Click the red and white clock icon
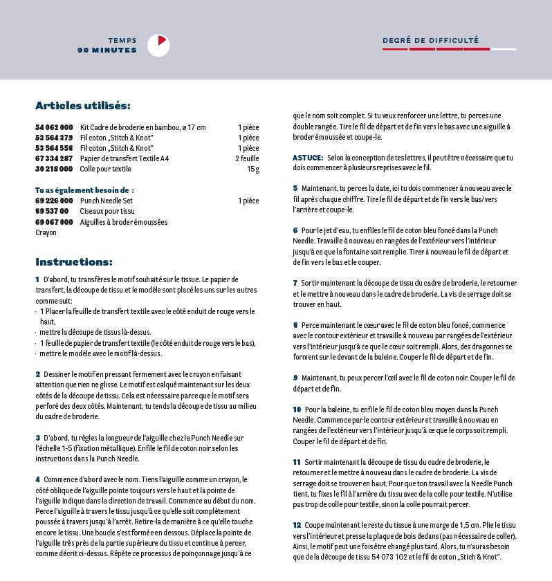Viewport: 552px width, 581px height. [x=158, y=45]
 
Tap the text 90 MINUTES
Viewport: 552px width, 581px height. [x=107, y=50]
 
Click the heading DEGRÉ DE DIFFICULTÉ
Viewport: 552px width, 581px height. [x=430, y=41]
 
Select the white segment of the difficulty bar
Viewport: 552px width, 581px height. [x=504, y=49]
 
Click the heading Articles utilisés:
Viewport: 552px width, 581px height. [x=82, y=106]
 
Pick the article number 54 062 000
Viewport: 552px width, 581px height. [x=54, y=127]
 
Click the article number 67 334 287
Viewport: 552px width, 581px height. [x=54, y=158]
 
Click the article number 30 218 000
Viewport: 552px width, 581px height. [x=54, y=169]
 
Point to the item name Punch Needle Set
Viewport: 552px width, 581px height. [x=107, y=201]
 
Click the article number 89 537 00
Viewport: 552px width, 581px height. [x=52, y=211]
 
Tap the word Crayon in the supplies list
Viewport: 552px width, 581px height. [x=45, y=232]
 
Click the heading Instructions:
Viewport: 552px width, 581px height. [x=73, y=262]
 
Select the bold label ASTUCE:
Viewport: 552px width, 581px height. [x=308, y=158]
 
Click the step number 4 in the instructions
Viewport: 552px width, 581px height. [x=37, y=479]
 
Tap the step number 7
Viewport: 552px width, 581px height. [x=295, y=283]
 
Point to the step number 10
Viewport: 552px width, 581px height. [x=297, y=409]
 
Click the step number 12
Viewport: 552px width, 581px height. [x=297, y=525]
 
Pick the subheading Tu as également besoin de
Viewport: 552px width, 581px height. [x=84, y=190]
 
